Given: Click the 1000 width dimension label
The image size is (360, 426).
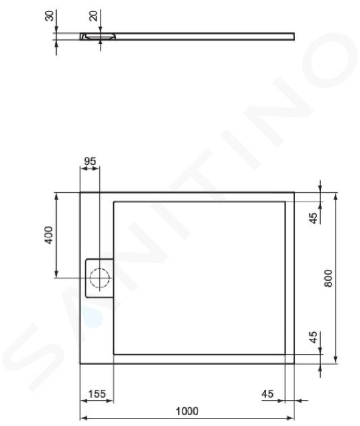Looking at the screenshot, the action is pyautogui.click(x=187, y=411).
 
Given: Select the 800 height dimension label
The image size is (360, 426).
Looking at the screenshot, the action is pyautogui.click(x=328, y=278).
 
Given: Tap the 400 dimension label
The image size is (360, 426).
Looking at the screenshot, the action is pyautogui.click(x=49, y=235).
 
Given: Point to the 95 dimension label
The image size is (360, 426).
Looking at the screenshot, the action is pyautogui.click(x=90, y=161).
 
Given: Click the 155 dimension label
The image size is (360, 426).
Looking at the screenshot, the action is pyautogui.click(x=97, y=394).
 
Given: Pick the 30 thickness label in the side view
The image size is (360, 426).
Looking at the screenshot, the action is pyautogui.click(x=49, y=16).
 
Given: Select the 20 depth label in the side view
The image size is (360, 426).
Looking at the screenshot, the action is pyautogui.click(x=93, y=16).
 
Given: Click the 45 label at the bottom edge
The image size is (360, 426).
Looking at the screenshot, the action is pyautogui.click(x=267, y=394).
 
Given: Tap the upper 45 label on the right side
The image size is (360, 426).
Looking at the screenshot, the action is pyautogui.click(x=313, y=218).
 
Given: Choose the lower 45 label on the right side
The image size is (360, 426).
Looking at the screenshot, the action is pyautogui.click(x=313, y=337).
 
